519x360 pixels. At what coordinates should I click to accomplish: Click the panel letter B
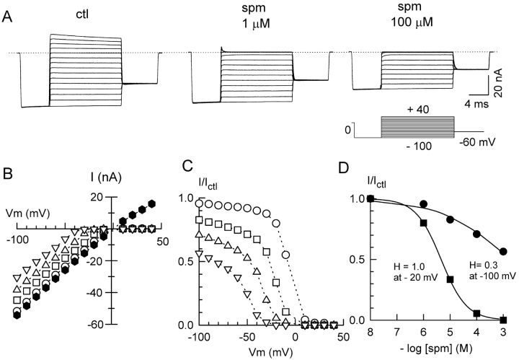(8, 173)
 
